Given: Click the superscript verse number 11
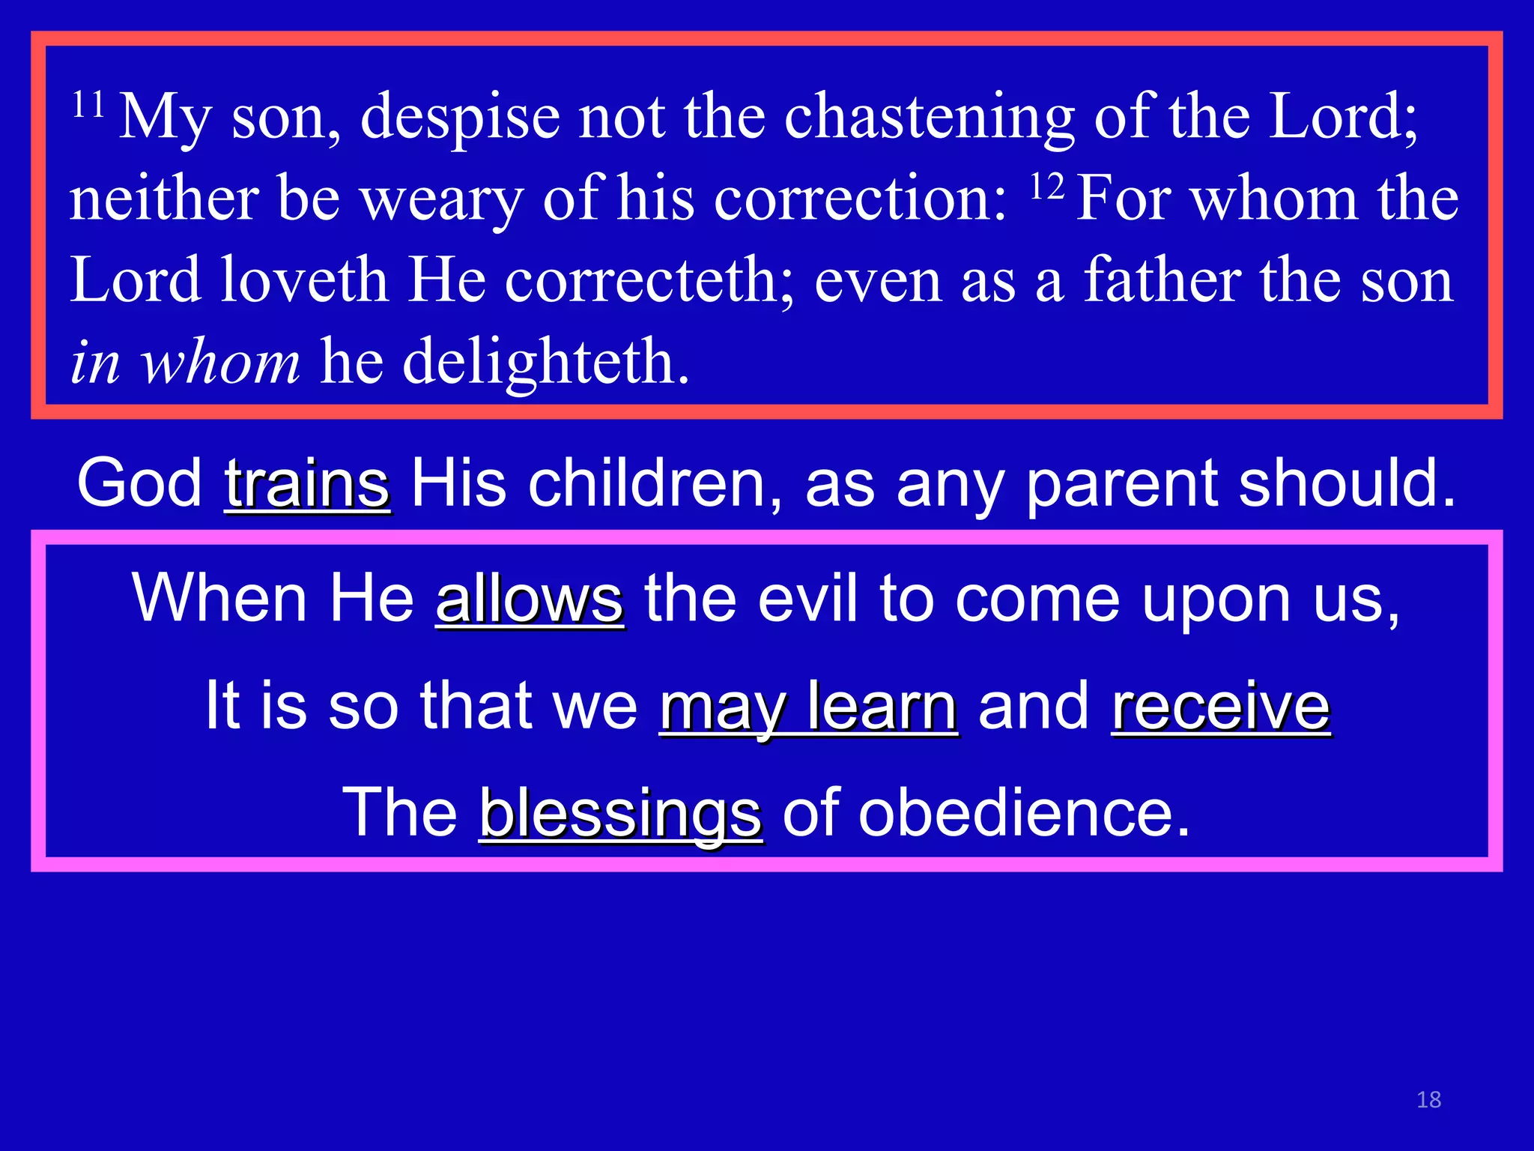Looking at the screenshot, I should pos(88,104).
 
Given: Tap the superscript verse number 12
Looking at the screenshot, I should pos(1046,187).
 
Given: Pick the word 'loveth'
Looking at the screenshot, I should pos(304,280).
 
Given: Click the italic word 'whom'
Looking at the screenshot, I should pos(221,362).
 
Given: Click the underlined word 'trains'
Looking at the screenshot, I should pos(307,483).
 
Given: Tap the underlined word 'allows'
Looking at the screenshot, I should pos(530,599).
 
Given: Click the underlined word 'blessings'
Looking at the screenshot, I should pos(621,813).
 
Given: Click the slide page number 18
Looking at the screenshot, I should pos(1428,1099).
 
